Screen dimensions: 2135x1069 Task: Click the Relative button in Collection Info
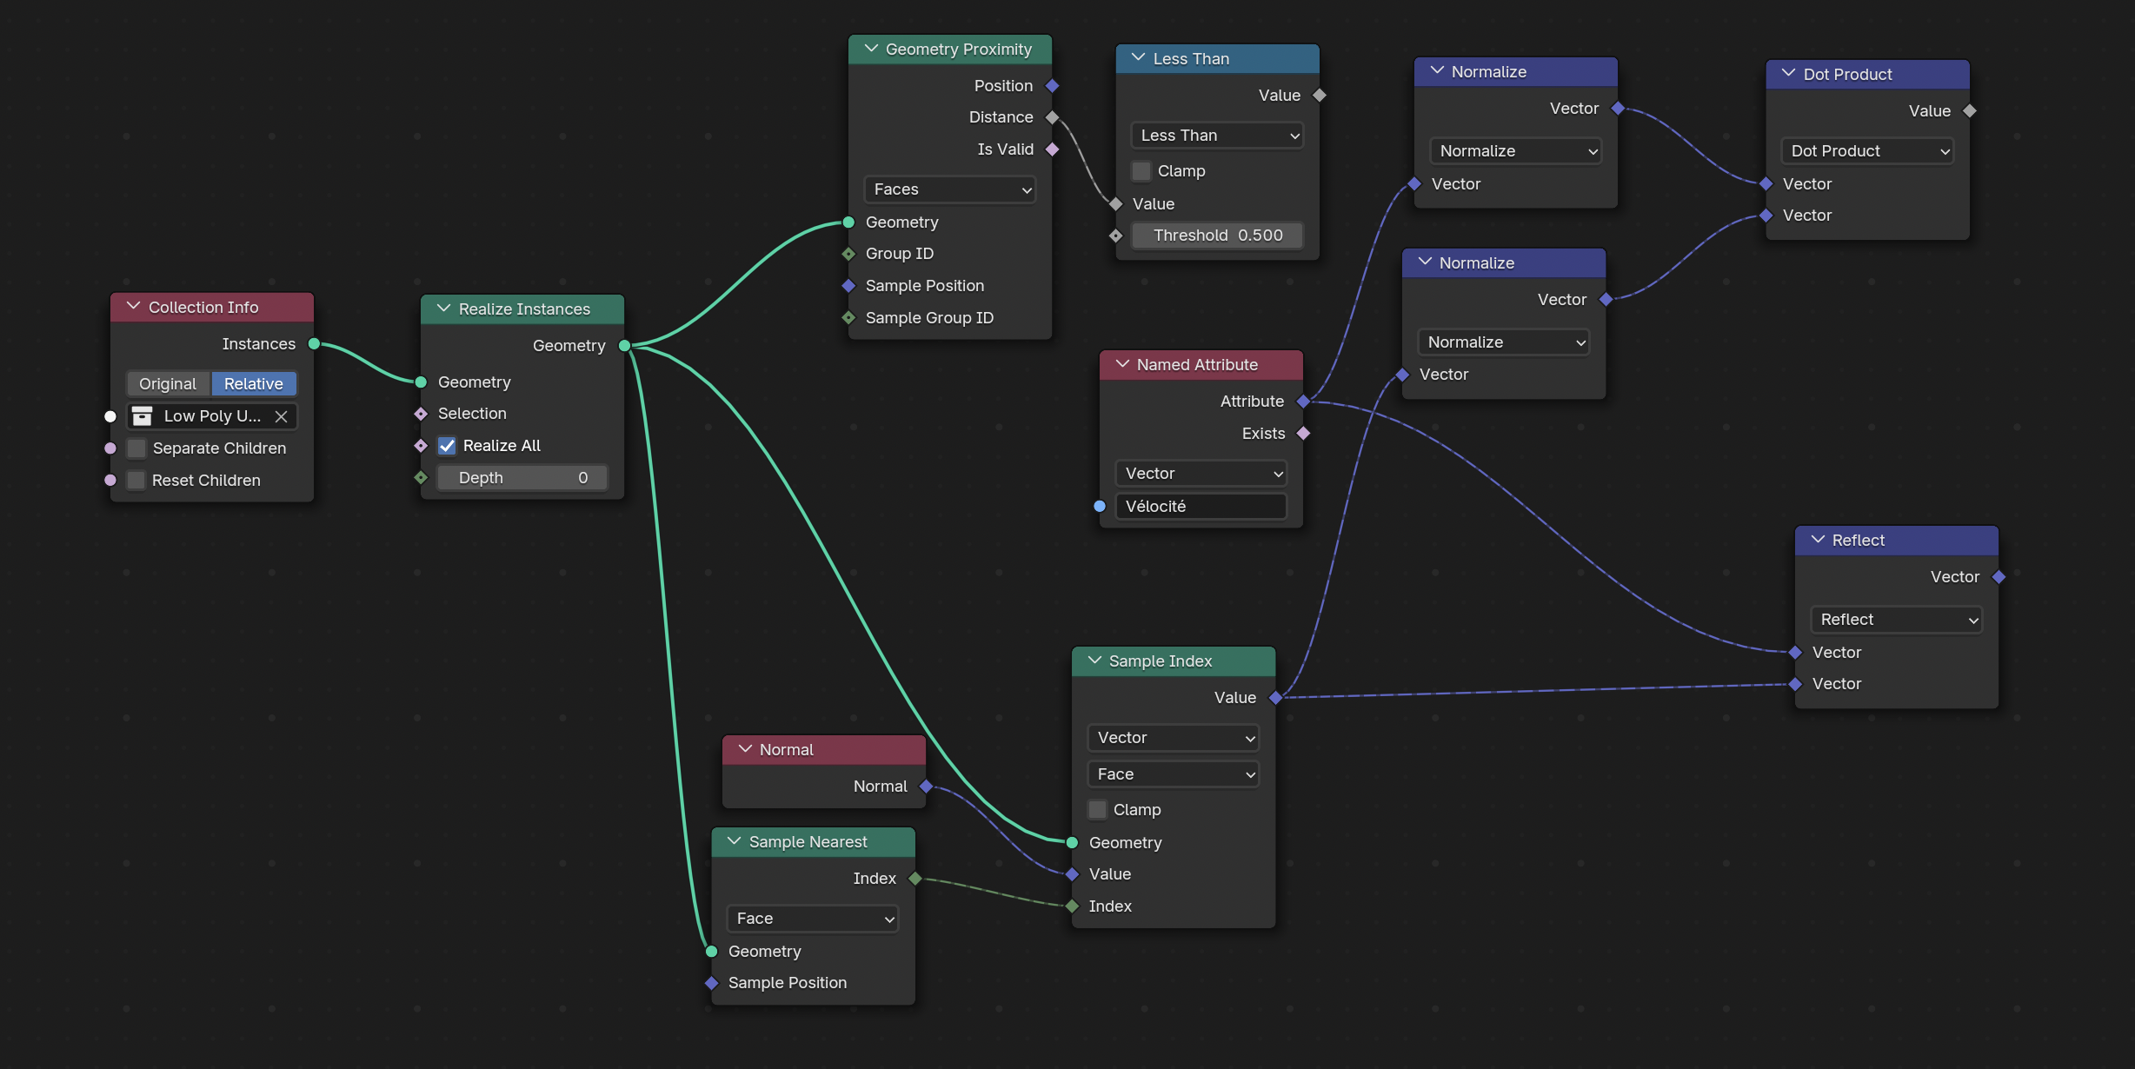(x=254, y=384)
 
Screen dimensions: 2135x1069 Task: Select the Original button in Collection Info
(x=169, y=384)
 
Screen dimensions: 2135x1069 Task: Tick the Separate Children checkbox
(x=136, y=448)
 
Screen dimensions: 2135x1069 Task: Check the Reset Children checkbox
(x=136, y=481)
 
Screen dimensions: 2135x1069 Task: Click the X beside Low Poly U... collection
(x=281, y=416)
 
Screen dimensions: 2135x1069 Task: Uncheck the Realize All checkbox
(x=447, y=446)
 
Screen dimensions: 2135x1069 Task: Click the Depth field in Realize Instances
(x=522, y=478)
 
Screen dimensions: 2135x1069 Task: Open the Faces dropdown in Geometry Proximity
(x=950, y=189)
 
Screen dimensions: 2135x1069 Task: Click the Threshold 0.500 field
(x=1217, y=236)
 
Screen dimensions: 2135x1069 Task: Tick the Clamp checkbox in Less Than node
(x=1141, y=171)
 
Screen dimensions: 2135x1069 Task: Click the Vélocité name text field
(x=1201, y=507)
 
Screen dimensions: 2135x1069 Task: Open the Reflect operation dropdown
(x=1897, y=620)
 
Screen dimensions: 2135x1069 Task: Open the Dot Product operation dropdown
(x=1867, y=151)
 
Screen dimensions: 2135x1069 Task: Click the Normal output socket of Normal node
(x=927, y=787)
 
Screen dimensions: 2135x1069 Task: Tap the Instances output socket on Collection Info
(x=315, y=344)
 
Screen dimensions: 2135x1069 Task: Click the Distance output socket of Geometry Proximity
(x=1053, y=117)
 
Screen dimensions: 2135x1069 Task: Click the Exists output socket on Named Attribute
(x=1304, y=434)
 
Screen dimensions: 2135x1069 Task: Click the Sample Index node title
(x=1161, y=661)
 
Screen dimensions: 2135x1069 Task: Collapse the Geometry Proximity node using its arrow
(x=871, y=49)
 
